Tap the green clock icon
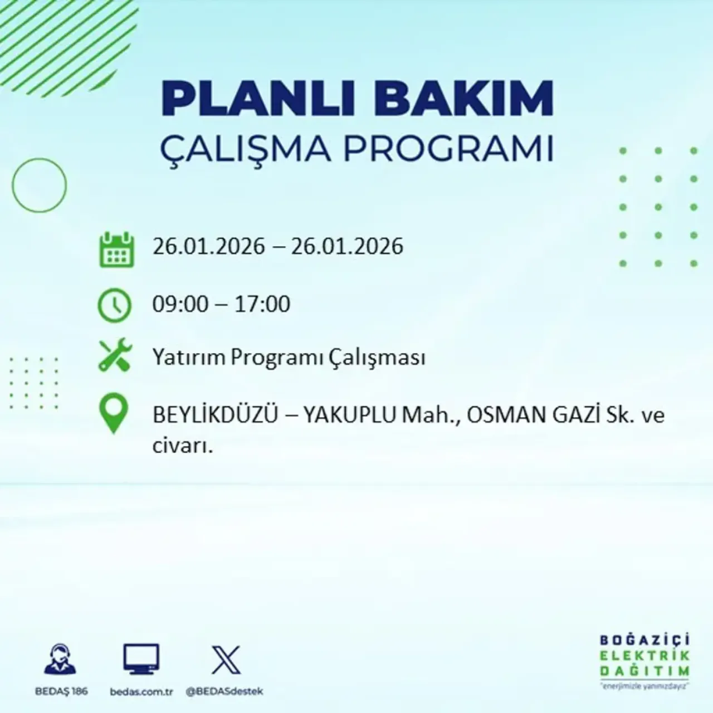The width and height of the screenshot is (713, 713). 115,305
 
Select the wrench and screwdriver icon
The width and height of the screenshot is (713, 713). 115,356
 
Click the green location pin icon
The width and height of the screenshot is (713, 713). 113,414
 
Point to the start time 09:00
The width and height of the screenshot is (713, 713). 180,304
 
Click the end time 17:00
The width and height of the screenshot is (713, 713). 262,304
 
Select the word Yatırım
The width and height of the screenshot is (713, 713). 189,357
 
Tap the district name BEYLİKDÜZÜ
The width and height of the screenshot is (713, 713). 216,415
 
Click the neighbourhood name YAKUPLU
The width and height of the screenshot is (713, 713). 350,415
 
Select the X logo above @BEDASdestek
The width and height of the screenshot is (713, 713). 226,660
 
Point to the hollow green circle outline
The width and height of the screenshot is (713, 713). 39,185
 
